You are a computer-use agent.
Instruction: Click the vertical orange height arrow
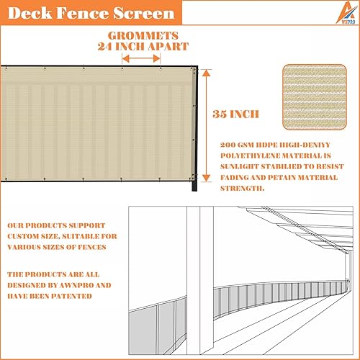pyautogui.click(x=207, y=127)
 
